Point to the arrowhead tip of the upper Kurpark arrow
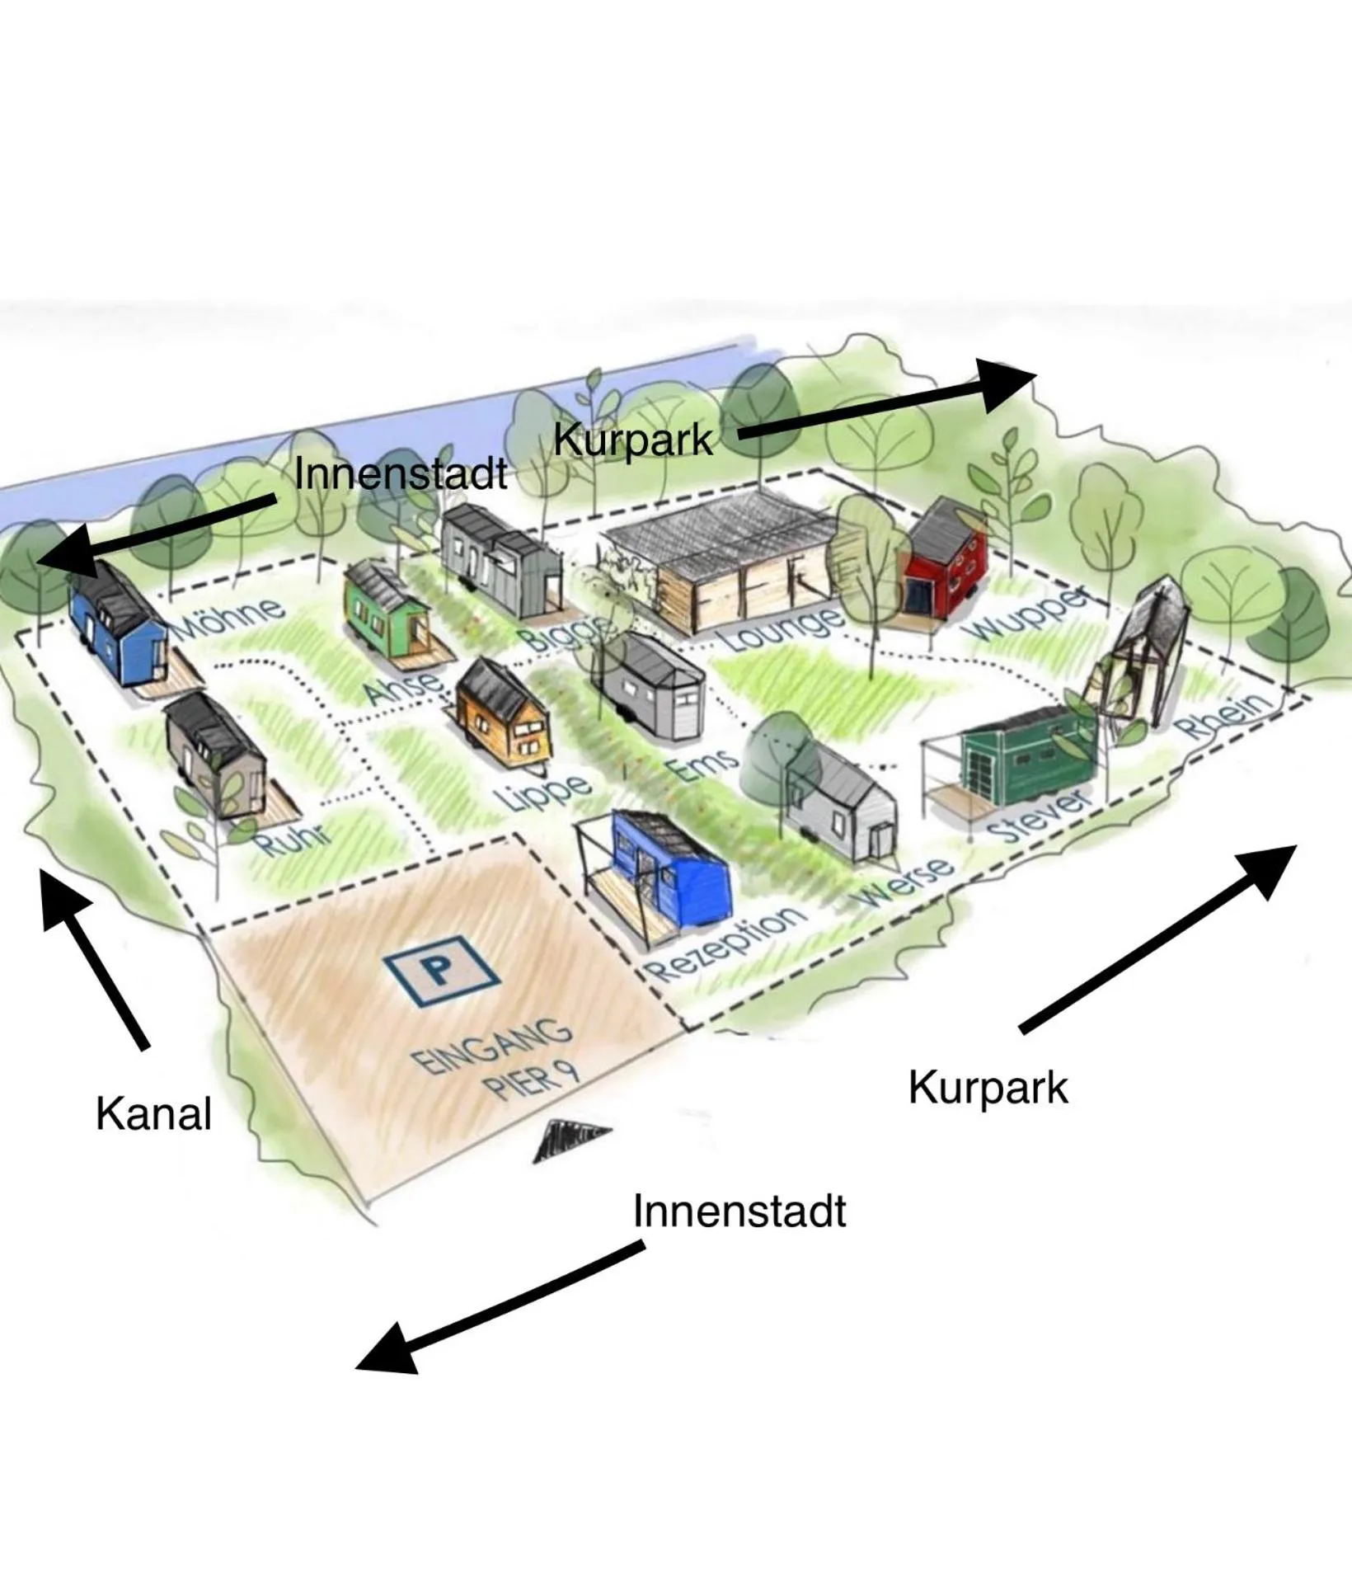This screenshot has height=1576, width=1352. pyautogui.click(x=1036, y=375)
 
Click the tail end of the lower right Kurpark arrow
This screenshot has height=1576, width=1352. pyautogui.click(x=1022, y=1031)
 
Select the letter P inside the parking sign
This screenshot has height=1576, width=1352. pyautogui.click(x=442, y=968)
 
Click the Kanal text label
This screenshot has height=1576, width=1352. pyautogui.click(x=154, y=1113)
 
